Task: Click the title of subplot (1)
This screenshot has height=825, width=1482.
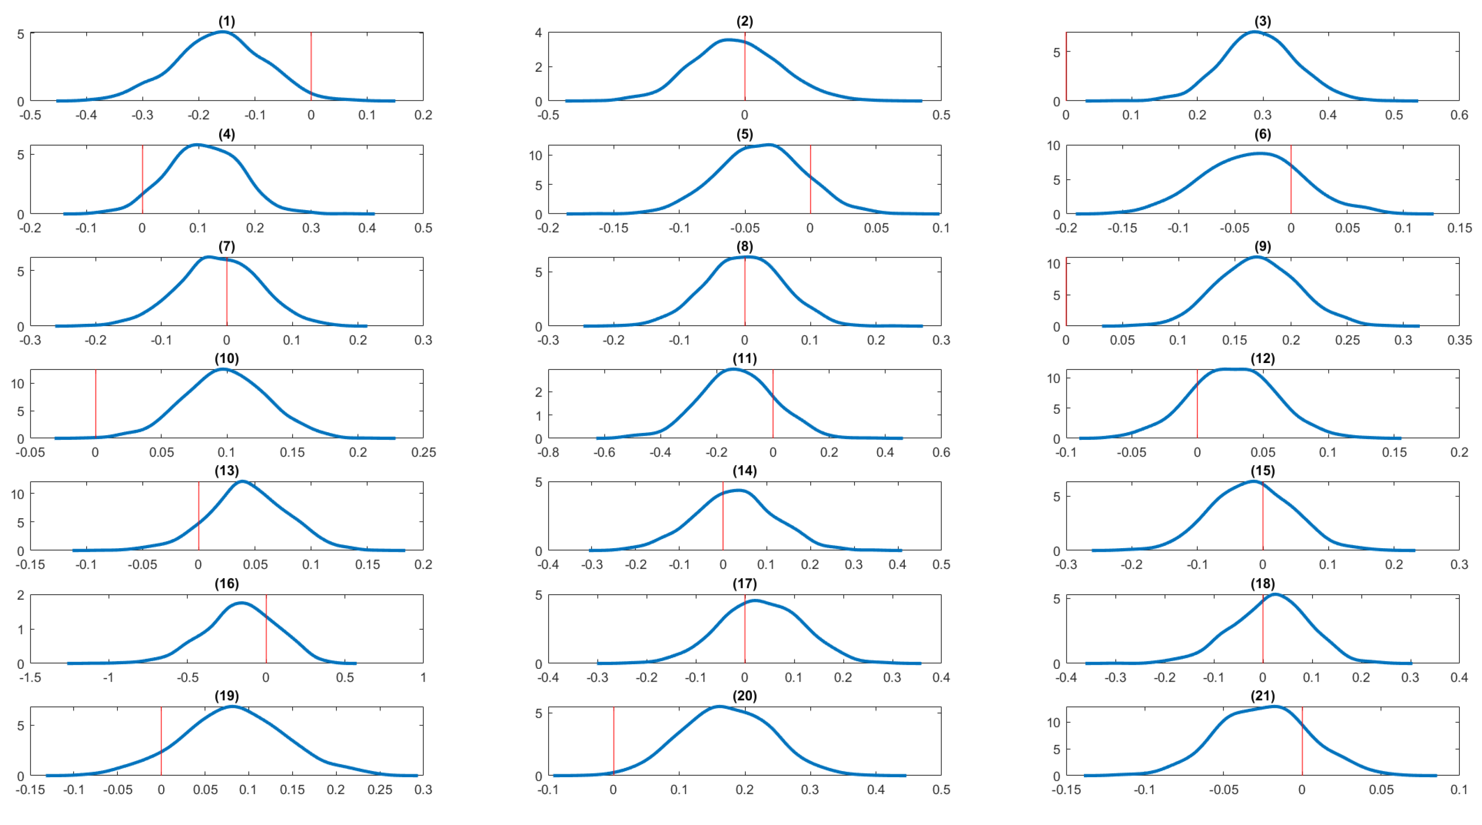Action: click(227, 21)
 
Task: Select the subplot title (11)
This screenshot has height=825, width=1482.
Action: click(744, 358)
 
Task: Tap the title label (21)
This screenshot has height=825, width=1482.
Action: click(1262, 696)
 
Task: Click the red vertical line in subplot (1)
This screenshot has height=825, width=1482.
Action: click(311, 66)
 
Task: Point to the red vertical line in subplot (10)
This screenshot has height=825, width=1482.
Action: click(95, 404)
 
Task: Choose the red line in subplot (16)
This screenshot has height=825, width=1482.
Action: click(266, 628)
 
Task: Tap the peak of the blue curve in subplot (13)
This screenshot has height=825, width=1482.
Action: click(242, 481)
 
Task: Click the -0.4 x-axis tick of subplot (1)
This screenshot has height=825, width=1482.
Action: click(86, 115)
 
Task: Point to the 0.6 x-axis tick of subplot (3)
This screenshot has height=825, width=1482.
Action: click(1459, 115)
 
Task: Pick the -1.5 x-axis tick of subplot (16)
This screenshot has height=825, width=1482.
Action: click(30, 677)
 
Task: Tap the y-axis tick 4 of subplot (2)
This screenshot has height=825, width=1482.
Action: click(539, 33)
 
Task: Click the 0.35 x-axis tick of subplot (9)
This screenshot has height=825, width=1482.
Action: click(1459, 340)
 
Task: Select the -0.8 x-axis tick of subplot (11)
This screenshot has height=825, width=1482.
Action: click(548, 452)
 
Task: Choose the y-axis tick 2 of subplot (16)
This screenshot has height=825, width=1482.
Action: click(21, 595)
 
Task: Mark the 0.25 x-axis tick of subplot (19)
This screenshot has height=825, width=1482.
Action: click(380, 790)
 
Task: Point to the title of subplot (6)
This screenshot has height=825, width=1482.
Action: click(1262, 134)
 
